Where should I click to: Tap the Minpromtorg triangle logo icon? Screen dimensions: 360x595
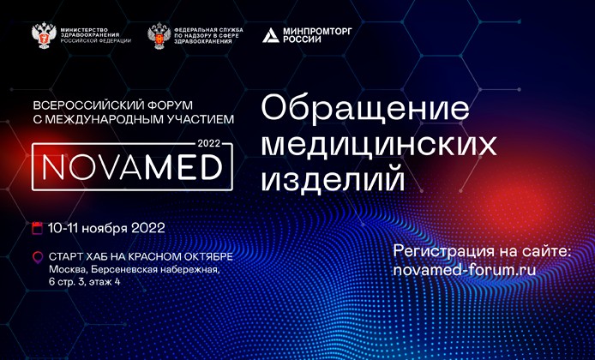click(x=270, y=35)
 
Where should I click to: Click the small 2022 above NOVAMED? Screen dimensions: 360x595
click(x=209, y=141)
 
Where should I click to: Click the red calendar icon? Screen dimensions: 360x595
click(x=36, y=228)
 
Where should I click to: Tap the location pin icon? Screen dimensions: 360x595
click(x=36, y=256)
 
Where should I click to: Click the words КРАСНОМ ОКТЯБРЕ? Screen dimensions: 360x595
click(x=183, y=256)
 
